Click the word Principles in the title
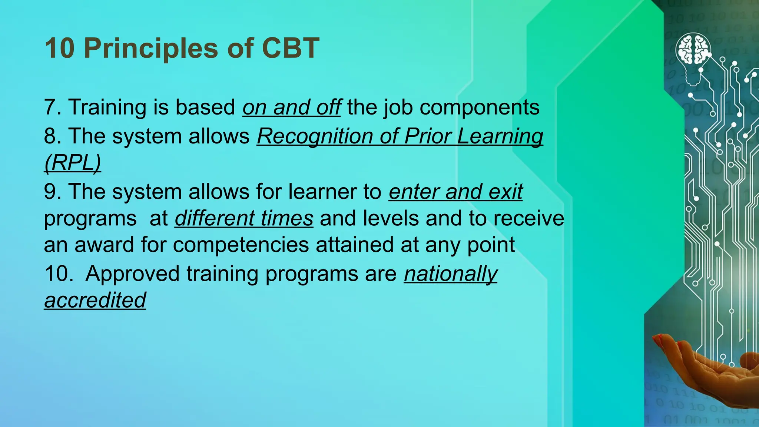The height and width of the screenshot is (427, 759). click(150, 49)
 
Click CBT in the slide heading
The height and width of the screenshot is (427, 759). click(291, 49)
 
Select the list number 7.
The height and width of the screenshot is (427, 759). click(52, 107)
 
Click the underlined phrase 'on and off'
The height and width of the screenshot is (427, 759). click(292, 107)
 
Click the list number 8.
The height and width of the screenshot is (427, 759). click(52, 136)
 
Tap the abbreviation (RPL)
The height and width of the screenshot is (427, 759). click(72, 163)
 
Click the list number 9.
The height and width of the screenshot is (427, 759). click(52, 192)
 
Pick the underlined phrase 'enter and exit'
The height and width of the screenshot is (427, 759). click(455, 192)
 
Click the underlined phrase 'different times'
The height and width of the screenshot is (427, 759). click(244, 218)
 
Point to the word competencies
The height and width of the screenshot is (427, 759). click(241, 245)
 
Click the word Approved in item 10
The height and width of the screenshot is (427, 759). click(132, 274)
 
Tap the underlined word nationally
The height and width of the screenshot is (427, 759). click(451, 274)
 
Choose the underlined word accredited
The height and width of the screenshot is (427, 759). click(95, 300)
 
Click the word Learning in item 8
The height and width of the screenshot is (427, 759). click(500, 137)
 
